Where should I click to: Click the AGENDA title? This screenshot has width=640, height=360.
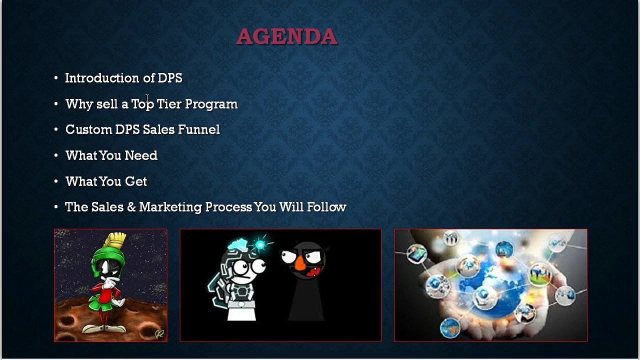click(287, 36)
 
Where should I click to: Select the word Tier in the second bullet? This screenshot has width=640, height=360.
click(169, 104)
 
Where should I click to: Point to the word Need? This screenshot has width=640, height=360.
click(141, 155)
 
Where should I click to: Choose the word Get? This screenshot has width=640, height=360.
click(135, 181)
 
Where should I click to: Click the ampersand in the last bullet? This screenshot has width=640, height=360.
click(131, 207)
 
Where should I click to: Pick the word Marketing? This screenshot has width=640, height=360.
click(170, 207)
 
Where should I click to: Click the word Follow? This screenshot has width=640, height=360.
click(326, 207)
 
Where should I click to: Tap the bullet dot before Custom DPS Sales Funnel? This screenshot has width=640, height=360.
click(56, 129)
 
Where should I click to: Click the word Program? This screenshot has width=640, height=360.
click(211, 104)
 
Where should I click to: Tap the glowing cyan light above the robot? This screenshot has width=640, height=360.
click(260, 244)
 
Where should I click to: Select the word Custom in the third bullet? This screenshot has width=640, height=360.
click(88, 129)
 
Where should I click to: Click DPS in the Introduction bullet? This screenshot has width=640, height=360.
click(170, 78)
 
